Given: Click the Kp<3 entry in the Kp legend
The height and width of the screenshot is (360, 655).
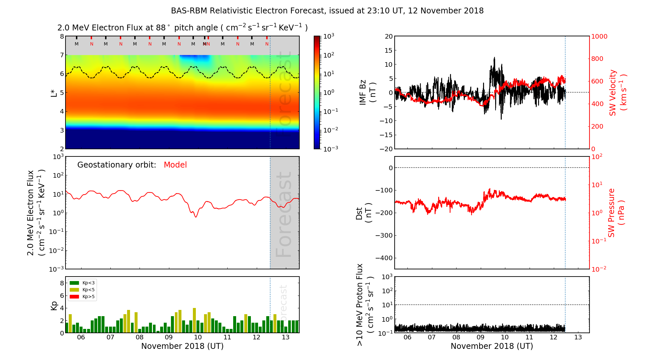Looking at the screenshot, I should click(88, 283).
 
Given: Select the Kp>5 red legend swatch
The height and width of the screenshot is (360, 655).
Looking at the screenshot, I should click(74, 297).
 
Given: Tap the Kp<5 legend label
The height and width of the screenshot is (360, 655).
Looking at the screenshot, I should click(88, 290).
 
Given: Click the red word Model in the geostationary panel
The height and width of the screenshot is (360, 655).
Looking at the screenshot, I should click(175, 165).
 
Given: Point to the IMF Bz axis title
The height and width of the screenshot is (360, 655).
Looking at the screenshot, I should click(367, 93).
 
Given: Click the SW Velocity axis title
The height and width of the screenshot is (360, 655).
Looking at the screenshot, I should click(617, 93).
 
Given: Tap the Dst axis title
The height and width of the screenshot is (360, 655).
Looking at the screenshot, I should click(364, 213).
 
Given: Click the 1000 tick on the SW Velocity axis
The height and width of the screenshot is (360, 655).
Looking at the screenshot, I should click(599, 36).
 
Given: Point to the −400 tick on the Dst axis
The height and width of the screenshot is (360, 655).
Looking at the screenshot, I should click(384, 258).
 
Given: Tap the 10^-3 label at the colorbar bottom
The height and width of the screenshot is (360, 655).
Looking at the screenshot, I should click(330, 149).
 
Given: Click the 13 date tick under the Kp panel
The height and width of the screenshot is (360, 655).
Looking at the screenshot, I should click(286, 337).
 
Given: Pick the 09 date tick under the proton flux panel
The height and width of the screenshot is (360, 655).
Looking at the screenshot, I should click(480, 337).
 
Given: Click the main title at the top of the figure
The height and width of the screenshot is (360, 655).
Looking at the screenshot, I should click(327, 11).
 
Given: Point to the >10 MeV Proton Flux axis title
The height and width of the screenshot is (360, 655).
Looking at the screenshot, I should click(364, 305).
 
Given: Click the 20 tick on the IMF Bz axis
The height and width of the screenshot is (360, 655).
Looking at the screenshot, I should click(388, 36).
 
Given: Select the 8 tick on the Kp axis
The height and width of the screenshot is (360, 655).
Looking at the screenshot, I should click(62, 283).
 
